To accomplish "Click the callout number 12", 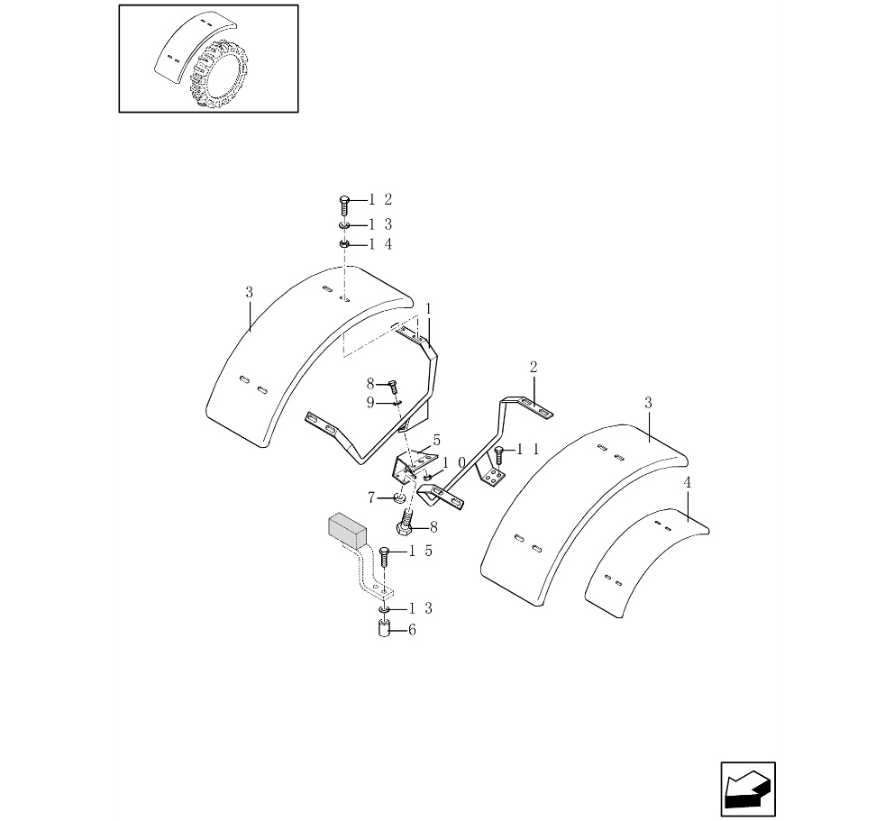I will click(379, 200).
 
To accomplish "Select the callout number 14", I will click(379, 244).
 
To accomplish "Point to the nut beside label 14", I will click(343, 244).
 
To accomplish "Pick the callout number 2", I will click(534, 367).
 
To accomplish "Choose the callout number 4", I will click(688, 483).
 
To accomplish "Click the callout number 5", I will click(436, 441).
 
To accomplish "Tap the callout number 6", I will click(412, 630).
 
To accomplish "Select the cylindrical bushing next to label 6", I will click(383, 628).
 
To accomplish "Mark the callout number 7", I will click(371, 497).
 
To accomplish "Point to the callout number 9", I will click(369, 403).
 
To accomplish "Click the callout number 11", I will click(529, 449).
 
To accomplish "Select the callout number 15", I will click(421, 552).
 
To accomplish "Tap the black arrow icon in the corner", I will click(747, 789).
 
